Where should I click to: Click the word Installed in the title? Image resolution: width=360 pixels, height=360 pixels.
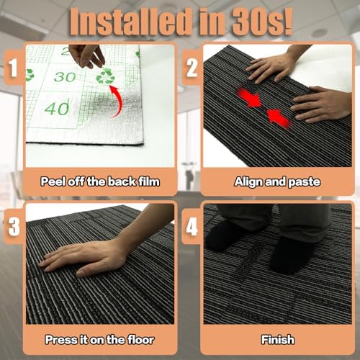tap(129, 22)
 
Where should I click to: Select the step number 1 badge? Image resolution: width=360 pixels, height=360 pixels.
tap(13, 68)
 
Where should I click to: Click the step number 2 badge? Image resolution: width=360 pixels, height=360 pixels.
tap(192, 68)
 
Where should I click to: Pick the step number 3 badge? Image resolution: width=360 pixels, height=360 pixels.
tap(14, 226)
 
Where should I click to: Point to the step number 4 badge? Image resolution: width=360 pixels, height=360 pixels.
tap(192, 226)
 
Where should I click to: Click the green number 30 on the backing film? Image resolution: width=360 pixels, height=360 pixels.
tap(65, 77)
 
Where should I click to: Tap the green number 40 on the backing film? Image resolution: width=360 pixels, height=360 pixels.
tap(57, 108)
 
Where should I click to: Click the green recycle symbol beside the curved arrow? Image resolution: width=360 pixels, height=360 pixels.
tap(105, 76)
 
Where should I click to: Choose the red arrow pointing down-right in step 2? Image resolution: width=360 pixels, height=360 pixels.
tap(250, 98)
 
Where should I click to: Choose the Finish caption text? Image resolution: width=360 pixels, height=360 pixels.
tap(278, 340)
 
